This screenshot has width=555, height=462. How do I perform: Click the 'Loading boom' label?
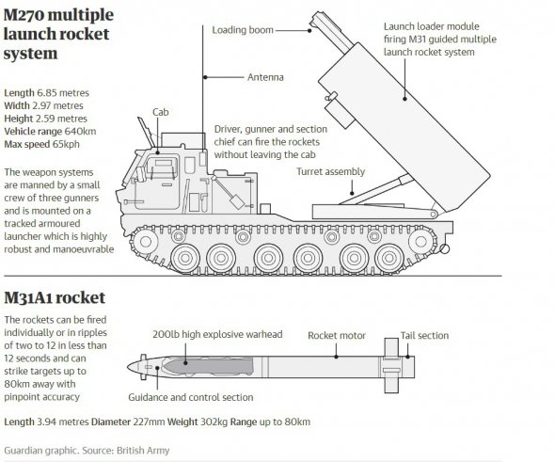243,30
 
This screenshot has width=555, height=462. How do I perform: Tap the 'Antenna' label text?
265,77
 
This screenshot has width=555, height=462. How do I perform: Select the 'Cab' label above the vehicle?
160,112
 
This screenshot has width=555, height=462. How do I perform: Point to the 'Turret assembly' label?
330,171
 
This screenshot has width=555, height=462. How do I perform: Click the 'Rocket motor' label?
337,336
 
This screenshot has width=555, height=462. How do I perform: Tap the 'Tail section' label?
424,336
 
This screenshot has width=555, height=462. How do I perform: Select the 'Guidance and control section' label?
190,397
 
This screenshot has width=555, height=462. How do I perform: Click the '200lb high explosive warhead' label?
217,335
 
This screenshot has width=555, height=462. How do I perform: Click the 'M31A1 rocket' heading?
55,298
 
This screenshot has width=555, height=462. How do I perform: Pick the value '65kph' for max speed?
66,145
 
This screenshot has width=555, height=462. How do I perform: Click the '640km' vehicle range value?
80,132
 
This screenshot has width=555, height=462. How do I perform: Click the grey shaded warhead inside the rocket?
209,366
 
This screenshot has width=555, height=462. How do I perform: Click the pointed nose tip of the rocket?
128,367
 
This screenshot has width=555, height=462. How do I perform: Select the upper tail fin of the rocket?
391,347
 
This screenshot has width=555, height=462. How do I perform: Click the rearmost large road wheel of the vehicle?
389,258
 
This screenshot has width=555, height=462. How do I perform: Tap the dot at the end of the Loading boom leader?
309,30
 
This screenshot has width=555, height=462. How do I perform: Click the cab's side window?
162,167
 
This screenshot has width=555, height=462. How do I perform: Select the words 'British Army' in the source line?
143,451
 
